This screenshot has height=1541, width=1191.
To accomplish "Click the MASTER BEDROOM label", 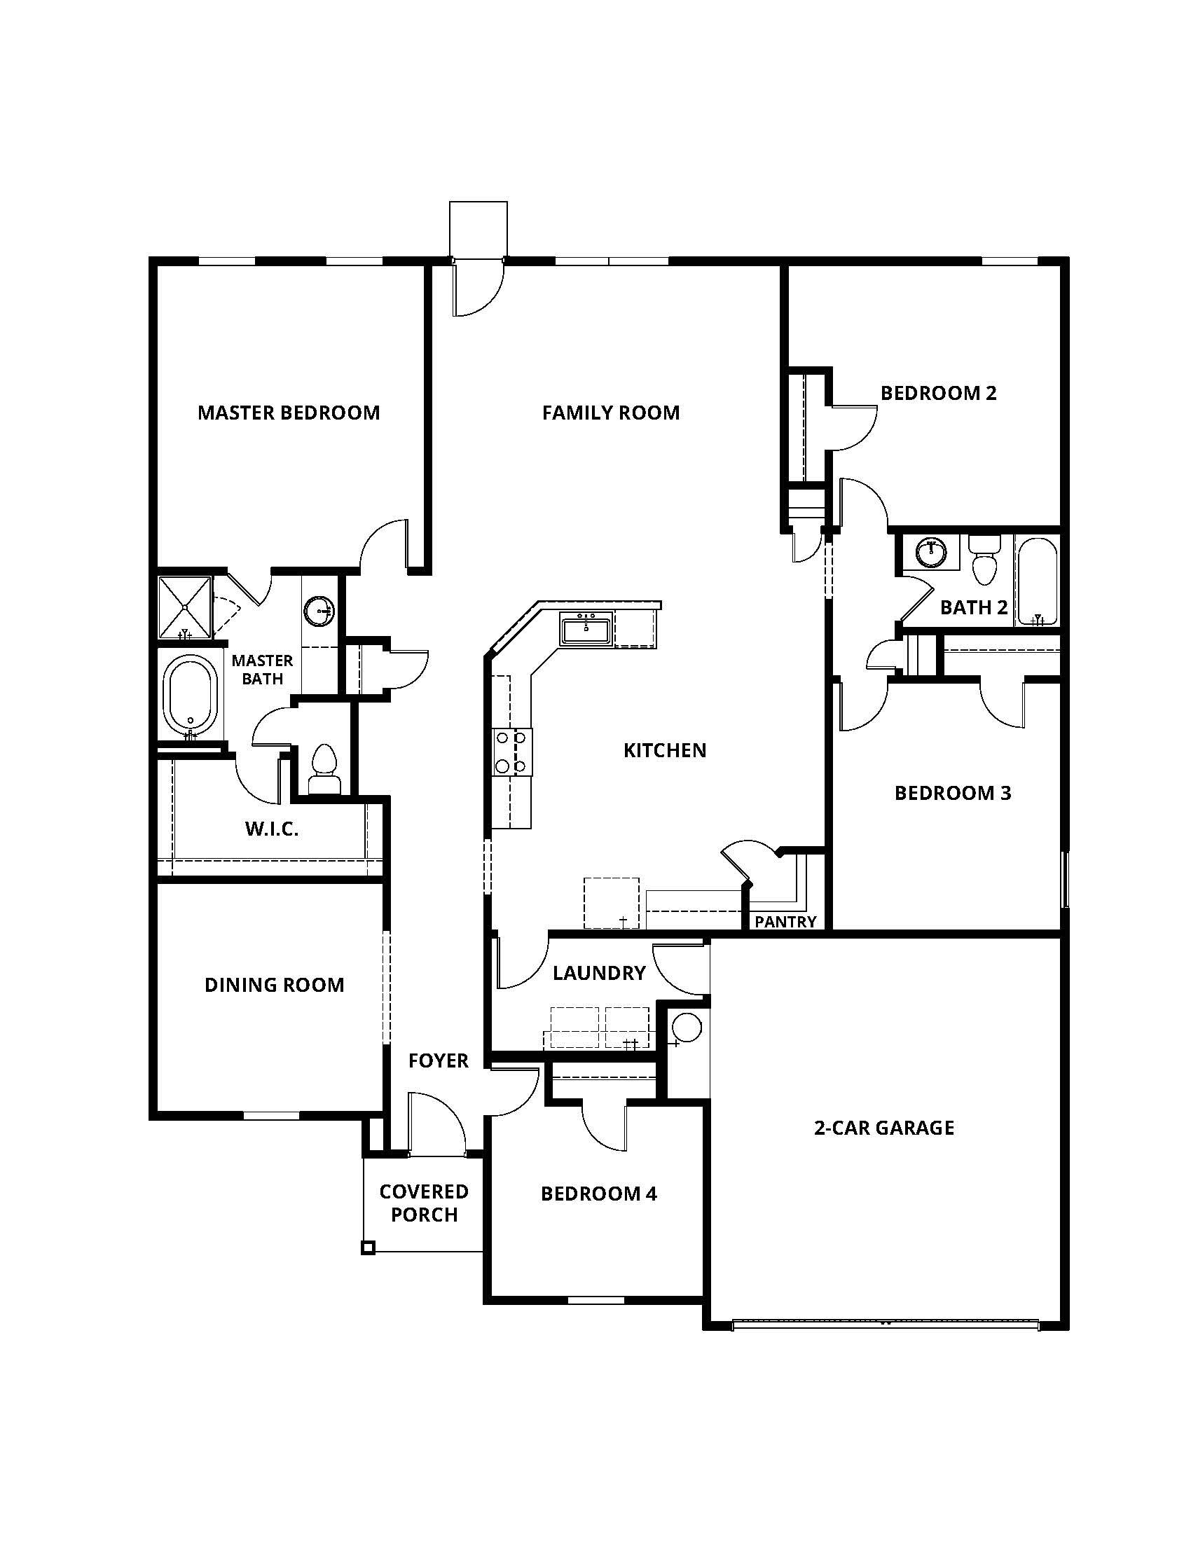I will [289, 413].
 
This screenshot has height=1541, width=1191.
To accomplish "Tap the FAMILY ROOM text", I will [610, 413].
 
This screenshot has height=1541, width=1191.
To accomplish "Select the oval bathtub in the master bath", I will [191, 694].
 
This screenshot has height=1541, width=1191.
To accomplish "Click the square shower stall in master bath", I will [184, 606].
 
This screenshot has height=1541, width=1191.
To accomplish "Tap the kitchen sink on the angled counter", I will [586, 629].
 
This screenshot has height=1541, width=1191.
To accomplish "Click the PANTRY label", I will [785, 922].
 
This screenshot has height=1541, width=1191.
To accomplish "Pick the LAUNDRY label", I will [599, 974].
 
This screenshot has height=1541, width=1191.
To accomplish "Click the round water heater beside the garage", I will [686, 1027].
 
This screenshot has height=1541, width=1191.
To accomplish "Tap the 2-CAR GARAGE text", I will [884, 1128].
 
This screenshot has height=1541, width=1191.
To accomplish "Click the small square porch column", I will [368, 1248].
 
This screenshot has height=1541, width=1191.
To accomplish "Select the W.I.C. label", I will [272, 829].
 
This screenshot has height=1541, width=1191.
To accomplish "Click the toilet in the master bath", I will [324, 767].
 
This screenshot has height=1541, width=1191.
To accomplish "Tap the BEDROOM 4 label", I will [599, 1194].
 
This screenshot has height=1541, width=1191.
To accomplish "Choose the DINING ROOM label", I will [275, 985].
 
